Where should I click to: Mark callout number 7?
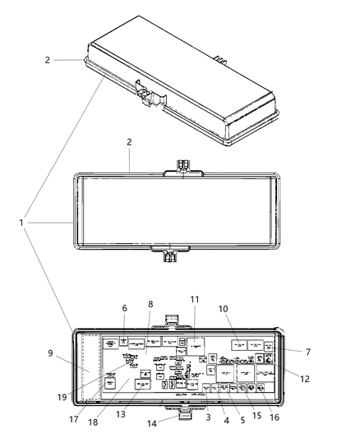coord(307,352)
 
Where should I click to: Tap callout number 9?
coord(52,354)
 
